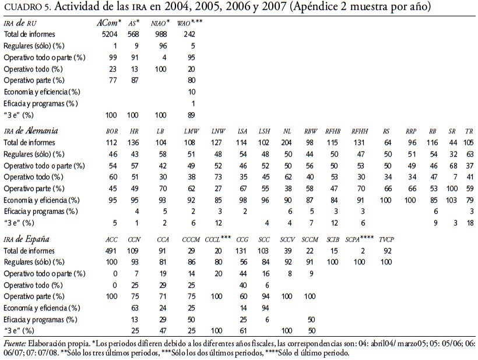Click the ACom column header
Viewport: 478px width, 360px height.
click(x=108, y=23)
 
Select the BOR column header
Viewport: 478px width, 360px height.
click(x=113, y=131)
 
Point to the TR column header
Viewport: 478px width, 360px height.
click(x=468, y=131)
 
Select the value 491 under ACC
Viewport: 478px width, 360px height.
click(x=112, y=250)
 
